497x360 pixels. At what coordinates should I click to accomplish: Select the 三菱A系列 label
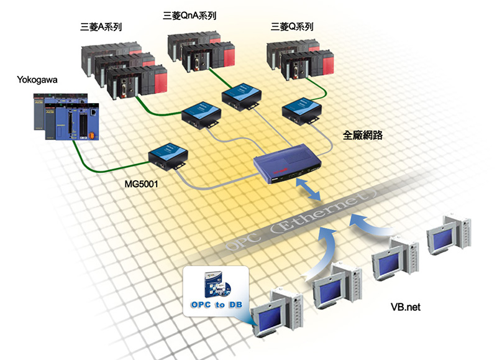click(101, 28)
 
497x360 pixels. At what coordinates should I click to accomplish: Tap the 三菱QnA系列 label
click(193, 14)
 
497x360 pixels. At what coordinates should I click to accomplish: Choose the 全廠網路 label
click(362, 134)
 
